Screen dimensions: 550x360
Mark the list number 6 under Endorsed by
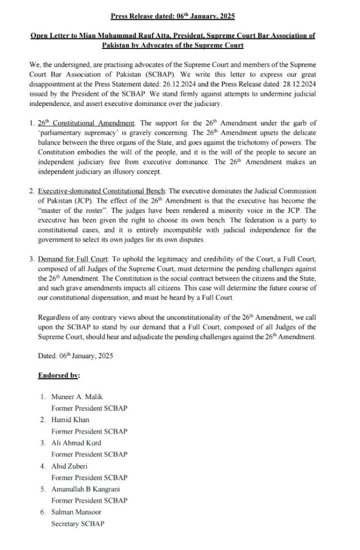(42, 512)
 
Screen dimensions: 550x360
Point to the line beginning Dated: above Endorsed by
(68, 355)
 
